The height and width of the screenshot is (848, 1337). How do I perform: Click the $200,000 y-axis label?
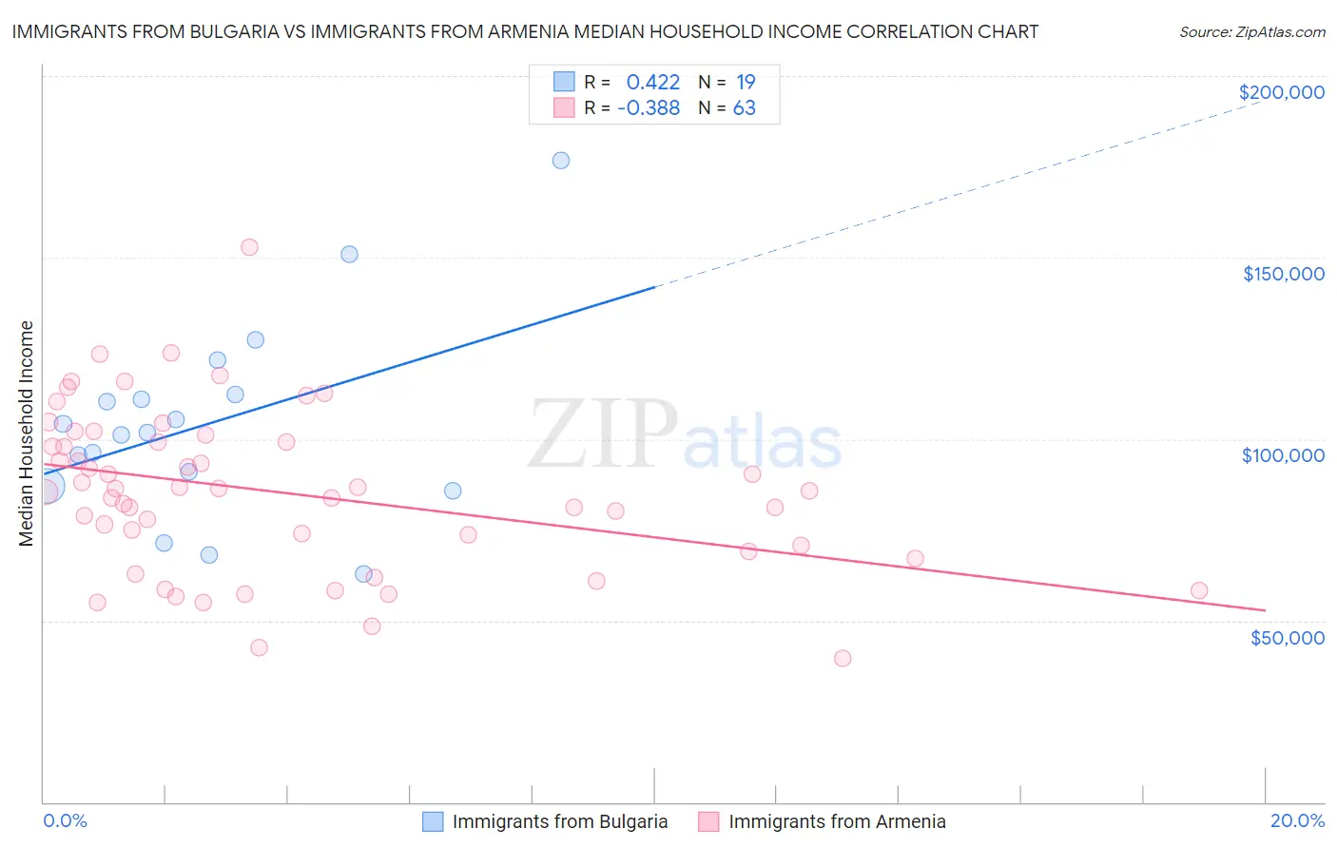(1281, 92)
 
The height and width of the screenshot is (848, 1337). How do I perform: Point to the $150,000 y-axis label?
(1283, 274)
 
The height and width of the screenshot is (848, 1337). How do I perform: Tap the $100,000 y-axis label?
(1283, 455)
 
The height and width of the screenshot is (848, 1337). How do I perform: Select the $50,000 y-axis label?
(1287, 637)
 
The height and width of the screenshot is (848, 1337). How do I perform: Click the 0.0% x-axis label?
(65, 820)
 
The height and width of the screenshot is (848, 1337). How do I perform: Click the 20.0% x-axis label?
(1297, 820)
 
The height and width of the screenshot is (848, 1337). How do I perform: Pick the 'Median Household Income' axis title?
(26, 434)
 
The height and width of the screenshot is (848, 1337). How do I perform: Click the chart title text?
(525, 31)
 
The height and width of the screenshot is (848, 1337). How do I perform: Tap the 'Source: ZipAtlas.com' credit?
(1251, 31)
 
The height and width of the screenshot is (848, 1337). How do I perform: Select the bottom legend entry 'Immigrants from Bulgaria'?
(559, 821)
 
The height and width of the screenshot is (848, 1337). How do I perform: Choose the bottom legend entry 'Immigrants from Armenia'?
(837, 821)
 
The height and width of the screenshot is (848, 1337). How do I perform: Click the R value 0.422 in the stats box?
(652, 82)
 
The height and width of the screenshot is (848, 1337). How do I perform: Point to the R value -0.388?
(649, 108)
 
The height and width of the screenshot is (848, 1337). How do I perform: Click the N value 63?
(744, 108)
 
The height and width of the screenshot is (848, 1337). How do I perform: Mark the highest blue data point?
(561, 161)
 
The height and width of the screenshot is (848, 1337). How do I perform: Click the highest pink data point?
(249, 247)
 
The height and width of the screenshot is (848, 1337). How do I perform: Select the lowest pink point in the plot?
(842, 658)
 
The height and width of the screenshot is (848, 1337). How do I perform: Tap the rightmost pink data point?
(1199, 590)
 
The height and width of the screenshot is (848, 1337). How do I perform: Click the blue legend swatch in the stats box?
(564, 82)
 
